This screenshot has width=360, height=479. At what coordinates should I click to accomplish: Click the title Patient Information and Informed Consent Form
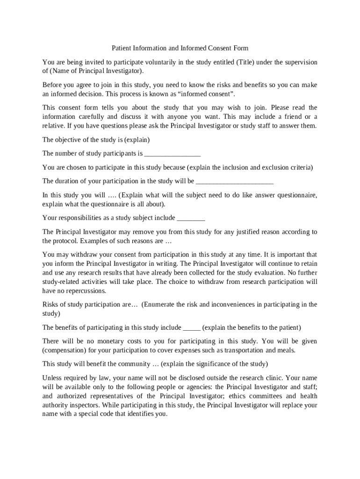coord(180,48)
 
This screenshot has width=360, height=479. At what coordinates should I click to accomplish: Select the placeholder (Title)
coord(246,62)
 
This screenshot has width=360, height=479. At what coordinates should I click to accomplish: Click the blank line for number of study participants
coord(173,154)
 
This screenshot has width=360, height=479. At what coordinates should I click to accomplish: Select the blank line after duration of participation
coord(234,181)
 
